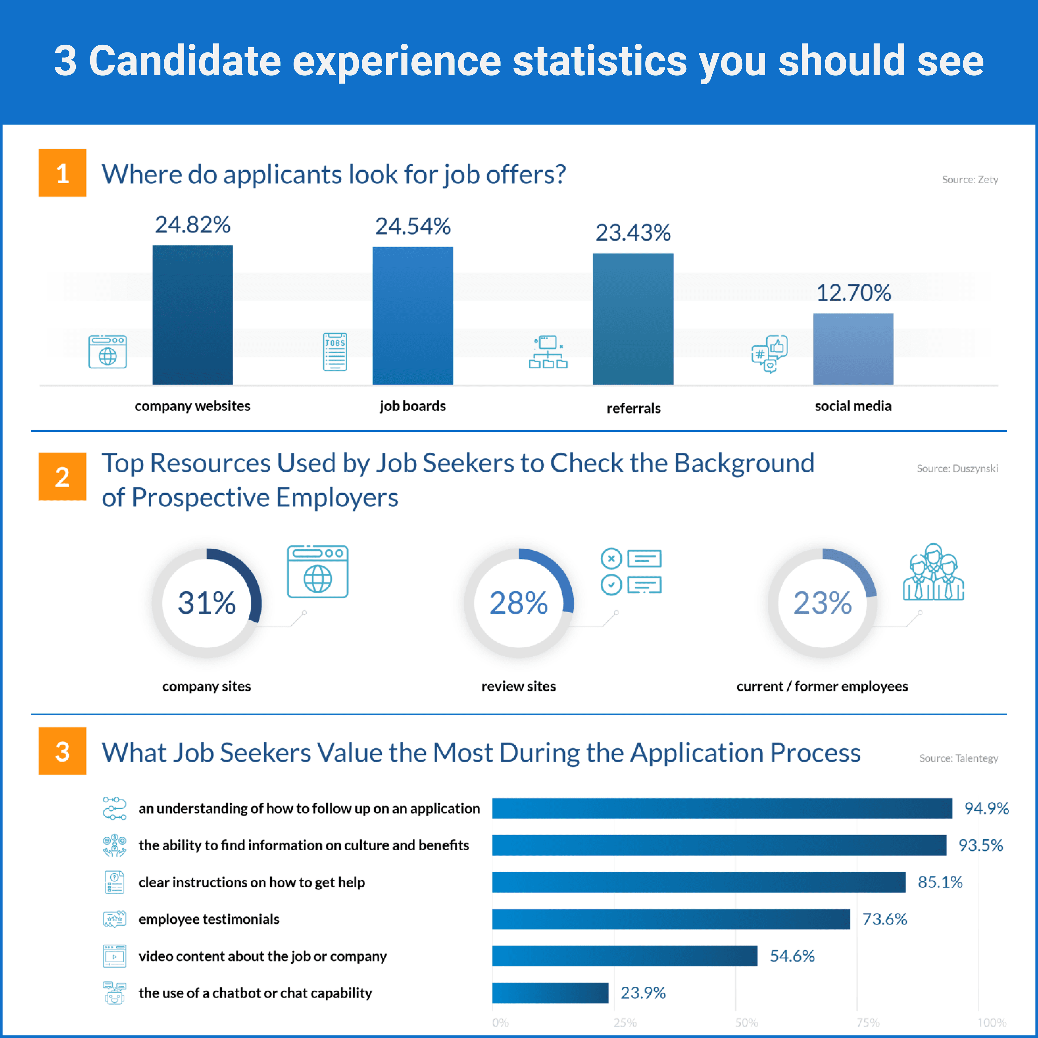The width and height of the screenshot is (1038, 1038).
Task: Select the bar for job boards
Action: click(x=412, y=316)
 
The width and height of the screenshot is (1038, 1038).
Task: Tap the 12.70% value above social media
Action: click(x=853, y=293)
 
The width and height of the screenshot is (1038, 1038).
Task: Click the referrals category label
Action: click(x=633, y=408)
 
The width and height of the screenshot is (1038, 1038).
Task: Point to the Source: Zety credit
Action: click(x=970, y=179)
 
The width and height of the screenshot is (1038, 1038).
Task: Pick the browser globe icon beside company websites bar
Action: click(x=108, y=352)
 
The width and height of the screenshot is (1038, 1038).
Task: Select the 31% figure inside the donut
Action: click(x=207, y=603)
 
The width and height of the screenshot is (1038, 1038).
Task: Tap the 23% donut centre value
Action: click(x=823, y=603)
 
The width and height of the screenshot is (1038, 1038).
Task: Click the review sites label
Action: click(x=518, y=686)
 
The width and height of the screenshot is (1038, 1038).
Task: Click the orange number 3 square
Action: click(x=62, y=751)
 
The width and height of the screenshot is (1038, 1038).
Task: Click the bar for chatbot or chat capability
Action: click(x=550, y=992)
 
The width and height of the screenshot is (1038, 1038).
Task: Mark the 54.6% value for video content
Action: click(x=792, y=956)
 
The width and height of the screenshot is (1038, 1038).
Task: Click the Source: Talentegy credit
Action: click(x=959, y=758)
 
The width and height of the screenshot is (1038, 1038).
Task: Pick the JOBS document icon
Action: click(x=335, y=352)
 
